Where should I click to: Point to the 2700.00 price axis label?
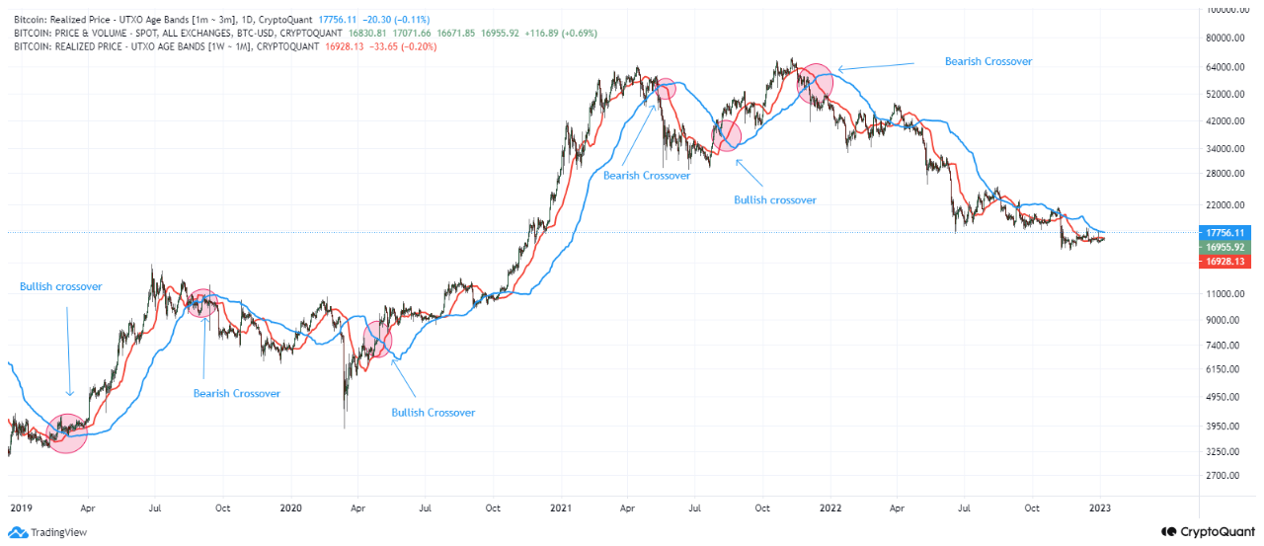(1224, 475)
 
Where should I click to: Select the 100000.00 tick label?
(1224, 10)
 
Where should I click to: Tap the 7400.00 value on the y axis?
(1224, 345)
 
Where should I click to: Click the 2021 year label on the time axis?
(561, 508)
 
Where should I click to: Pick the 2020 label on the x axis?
(290, 508)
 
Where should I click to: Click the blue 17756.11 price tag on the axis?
(1222, 232)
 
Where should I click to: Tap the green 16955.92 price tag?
(1222, 247)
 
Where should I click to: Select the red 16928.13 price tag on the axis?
(1222, 262)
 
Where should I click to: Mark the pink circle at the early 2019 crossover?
(67, 432)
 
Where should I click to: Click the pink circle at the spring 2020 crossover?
(377, 340)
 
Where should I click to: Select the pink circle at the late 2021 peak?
(816, 82)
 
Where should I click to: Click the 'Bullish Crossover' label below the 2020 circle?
(433, 413)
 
